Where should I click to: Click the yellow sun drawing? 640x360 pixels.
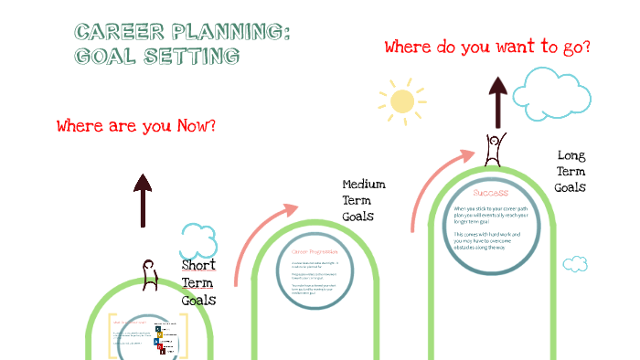click(x=402, y=101)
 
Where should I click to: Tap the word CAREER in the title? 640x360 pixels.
click(x=115, y=33)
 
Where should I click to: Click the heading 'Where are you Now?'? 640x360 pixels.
click(x=136, y=126)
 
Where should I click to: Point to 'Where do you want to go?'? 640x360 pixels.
click(x=486, y=47)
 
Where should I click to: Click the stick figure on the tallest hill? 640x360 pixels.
click(x=496, y=149)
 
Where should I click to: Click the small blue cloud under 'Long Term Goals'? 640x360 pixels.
click(x=575, y=264)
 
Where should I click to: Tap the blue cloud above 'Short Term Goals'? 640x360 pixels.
click(x=198, y=241)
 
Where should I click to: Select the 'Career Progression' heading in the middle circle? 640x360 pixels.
click(x=315, y=250)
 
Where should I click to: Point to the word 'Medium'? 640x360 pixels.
click(x=364, y=184)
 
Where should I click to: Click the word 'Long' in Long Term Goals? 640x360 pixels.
click(x=571, y=155)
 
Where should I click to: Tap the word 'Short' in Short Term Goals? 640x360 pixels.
click(x=198, y=266)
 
